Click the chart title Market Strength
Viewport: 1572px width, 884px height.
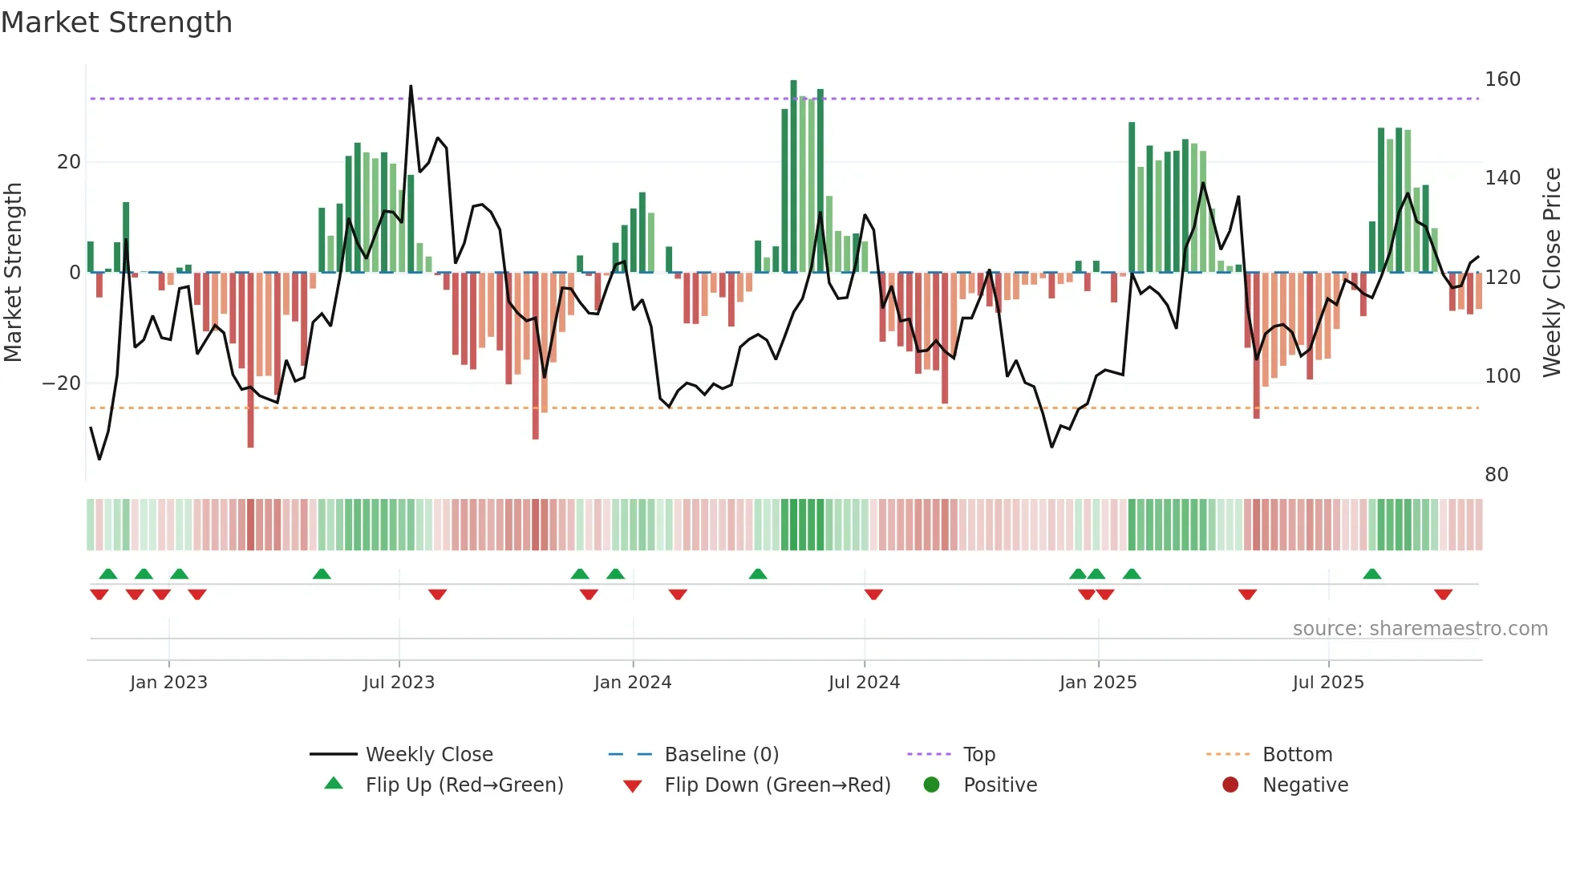click(x=116, y=22)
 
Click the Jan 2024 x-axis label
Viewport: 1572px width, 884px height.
click(x=632, y=683)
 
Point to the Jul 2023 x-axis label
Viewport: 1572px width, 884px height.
click(x=399, y=683)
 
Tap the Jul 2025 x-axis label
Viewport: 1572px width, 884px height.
click(x=1327, y=683)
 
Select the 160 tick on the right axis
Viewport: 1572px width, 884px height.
click(x=1501, y=79)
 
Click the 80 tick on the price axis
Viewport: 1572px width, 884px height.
click(x=1496, y=475)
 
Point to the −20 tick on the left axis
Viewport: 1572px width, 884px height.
click(x=62, y=383)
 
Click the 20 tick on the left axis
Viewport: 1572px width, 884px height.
click(x=69, y=162)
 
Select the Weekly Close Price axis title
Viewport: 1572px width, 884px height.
click(x=1552, y=273)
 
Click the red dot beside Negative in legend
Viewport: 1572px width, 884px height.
click(x=1230, y=785)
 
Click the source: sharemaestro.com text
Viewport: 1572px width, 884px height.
click(x=1420, y=629)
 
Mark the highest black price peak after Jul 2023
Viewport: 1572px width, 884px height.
click(x=411, y=87)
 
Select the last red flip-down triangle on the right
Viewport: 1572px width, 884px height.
click(x=1443, y=594)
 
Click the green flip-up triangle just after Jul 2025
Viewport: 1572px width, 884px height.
click(x=1371, y=574)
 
